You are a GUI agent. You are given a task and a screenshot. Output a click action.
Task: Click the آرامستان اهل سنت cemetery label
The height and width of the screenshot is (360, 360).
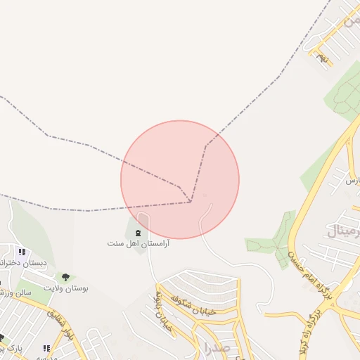pos(139,243)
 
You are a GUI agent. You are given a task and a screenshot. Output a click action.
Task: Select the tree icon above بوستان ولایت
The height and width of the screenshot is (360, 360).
pos(66,277)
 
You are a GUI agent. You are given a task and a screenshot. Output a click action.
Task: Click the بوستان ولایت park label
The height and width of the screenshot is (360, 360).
pos(67,288)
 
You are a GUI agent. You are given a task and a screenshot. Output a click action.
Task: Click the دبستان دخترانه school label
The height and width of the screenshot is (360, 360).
pos(25,263)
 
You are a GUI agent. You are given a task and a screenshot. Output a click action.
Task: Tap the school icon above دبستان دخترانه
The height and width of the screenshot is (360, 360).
pos(22,252)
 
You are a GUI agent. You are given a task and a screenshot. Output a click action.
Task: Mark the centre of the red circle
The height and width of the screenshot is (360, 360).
pos(180,180)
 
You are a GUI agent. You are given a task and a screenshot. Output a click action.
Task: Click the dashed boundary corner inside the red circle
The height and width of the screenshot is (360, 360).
pos(191,202)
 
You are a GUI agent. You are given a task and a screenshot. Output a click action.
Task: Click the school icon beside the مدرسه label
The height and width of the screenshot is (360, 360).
pos(46,347)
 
